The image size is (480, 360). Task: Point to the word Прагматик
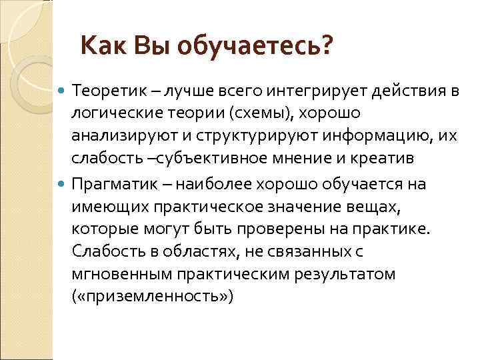pos(110,183)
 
